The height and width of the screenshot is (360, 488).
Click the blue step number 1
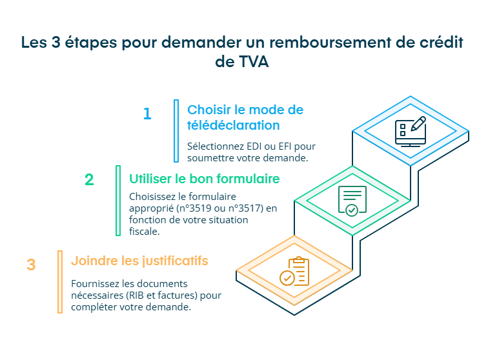(147, 114)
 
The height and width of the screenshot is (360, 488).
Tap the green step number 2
(89, 180)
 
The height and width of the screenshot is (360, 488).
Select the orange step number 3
(31, 265)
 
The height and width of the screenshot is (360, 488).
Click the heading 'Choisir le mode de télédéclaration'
(245, 117)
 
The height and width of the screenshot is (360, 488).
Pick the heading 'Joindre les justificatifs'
(139, 261)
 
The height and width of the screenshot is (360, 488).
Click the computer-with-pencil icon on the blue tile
(410, 132)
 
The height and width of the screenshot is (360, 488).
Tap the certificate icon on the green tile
(352, 200)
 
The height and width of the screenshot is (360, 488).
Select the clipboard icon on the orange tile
(295, 271)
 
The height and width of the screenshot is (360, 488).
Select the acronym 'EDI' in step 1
(249, 146)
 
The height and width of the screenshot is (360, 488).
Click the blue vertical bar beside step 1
(176, 131)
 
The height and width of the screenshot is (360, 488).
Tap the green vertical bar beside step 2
(118, 201)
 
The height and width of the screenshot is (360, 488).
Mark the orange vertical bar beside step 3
(60, 282)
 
